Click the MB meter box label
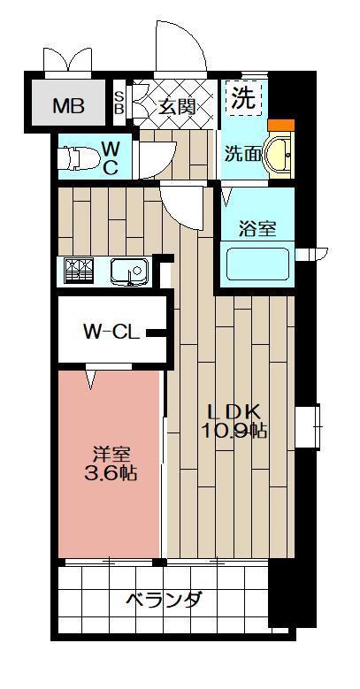point(68,107)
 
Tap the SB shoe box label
point(120,103)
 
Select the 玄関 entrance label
point(177,106)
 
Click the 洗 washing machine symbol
point(243,97)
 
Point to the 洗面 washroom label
point(241,153)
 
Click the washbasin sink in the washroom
point(280,154)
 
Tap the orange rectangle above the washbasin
point(280,126)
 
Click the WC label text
point(111,157)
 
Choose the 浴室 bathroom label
point(257,227)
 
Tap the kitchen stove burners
point(78,271)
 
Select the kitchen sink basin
point(128,272)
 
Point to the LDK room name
point(233,411)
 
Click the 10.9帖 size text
point(234,432)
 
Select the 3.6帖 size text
point(111,473)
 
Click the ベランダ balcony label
point(164,601)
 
